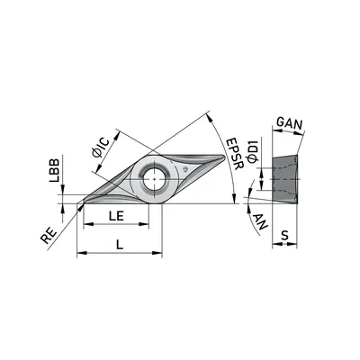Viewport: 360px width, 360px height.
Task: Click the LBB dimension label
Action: coord(55,170)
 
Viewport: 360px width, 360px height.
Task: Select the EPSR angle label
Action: coord(234,154)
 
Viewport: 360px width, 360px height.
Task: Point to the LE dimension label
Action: coord(116,216)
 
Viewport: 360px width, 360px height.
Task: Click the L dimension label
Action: coord(120,245)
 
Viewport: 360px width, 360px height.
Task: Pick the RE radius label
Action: coord(49,236)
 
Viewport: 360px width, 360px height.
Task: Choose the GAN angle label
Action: coord(289,123)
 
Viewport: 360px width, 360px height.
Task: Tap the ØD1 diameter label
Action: coord(253,150)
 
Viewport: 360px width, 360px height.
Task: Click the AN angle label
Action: coord(260,221)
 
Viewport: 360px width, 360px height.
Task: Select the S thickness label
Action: coord(284,235)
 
